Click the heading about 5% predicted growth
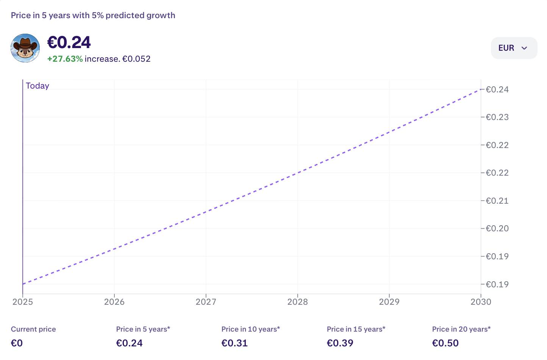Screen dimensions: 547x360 coord(93,16)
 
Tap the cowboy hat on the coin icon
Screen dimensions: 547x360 coord(25,43)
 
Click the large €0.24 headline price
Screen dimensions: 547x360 coord(69,42)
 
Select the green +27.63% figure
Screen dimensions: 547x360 coord(65,59)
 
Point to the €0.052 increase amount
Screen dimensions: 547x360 coord(136,59)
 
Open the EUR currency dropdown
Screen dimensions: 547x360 coord(514,48)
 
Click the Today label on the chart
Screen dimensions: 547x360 coord(38,86)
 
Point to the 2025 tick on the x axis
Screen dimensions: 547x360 coord(23,302)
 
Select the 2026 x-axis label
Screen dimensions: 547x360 coord(114,302)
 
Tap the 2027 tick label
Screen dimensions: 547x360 coord(206,302)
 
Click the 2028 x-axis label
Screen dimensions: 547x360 coord(298,302)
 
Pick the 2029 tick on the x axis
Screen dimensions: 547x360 coord(389,302)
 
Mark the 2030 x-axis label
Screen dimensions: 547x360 coord(481,302)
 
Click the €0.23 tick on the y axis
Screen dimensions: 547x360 coord(497,117)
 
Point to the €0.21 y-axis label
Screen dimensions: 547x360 coord(497,201)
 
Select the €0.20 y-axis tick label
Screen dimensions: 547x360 coord(497,228)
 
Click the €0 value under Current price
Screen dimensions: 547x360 coord(17,343)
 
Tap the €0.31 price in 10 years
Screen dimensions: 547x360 coord(234,343)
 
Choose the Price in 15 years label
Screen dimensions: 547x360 coord(356,329)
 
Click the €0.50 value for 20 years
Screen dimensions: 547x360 coord(445,343)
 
